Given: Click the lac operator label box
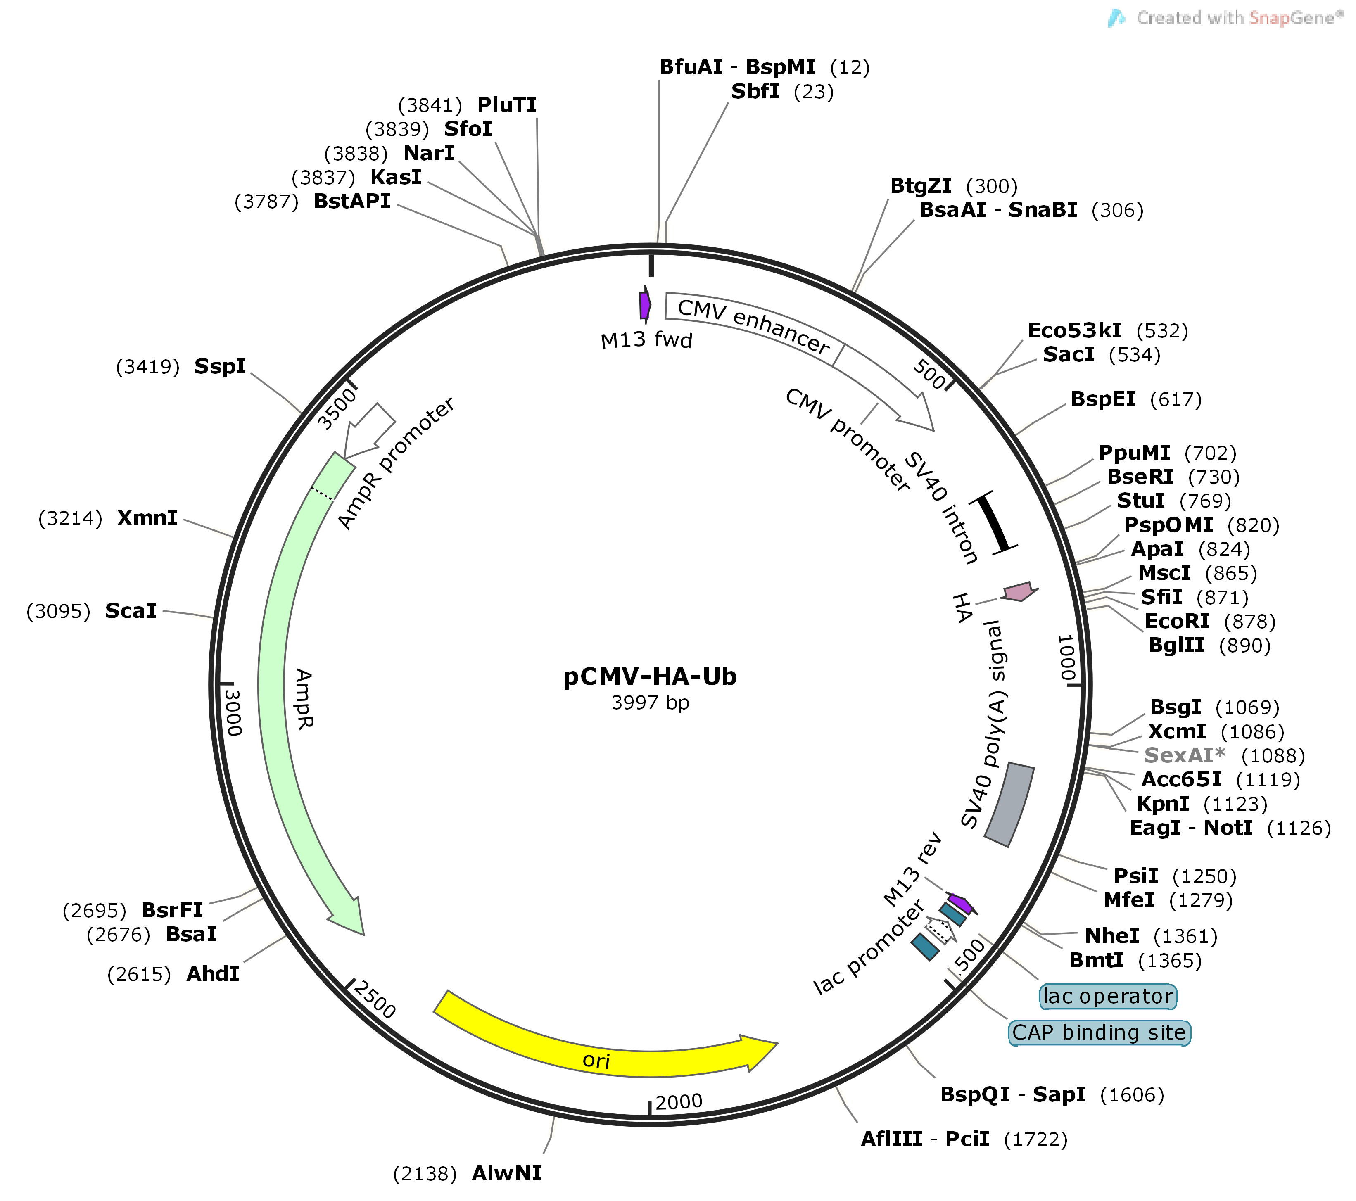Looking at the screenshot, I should click(1107, 996).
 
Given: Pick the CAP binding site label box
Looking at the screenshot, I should click(1099, 1032).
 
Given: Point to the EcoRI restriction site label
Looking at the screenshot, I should click(1177, 622).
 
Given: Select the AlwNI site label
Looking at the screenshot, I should click(507, 1173).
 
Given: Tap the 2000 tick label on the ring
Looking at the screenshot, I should click(679, 1102).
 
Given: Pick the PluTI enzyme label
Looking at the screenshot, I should click(507, 105).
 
